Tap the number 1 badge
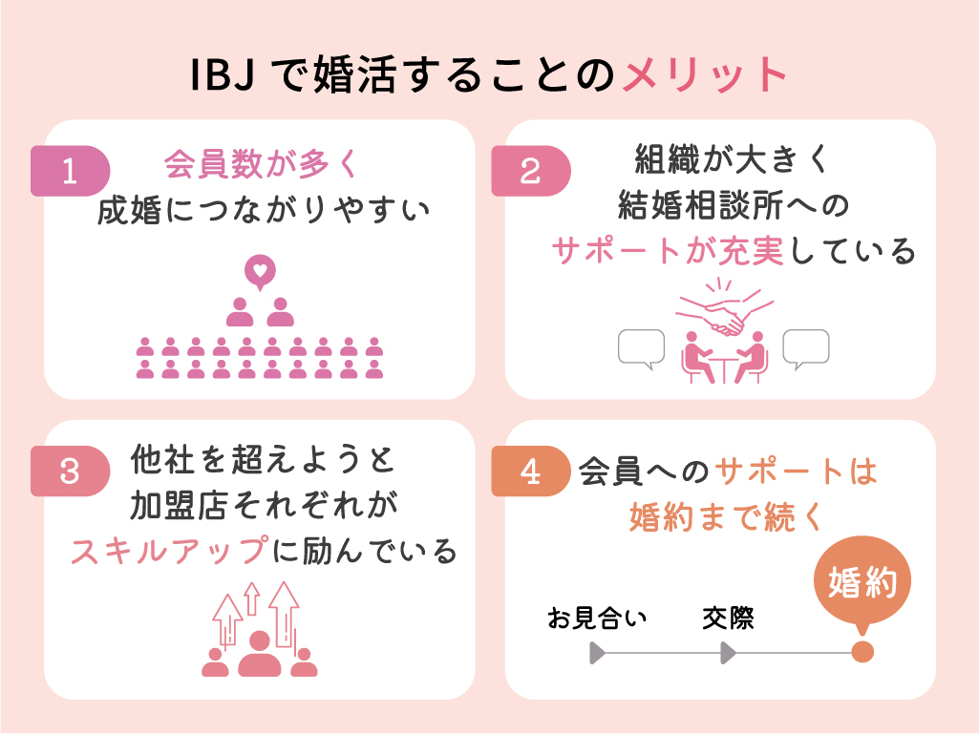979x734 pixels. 70,171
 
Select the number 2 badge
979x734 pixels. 530,171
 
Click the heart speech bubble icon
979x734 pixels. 259,271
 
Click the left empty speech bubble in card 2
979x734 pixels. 641,349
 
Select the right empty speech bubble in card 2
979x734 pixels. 806,349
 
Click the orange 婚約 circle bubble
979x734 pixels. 862,583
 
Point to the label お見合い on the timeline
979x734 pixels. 597,619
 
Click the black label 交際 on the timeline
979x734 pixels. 728,619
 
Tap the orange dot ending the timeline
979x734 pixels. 862,653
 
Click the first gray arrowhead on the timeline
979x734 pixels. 598,653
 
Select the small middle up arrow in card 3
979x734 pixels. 252,599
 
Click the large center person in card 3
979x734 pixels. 259,654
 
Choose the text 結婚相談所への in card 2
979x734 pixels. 733,203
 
